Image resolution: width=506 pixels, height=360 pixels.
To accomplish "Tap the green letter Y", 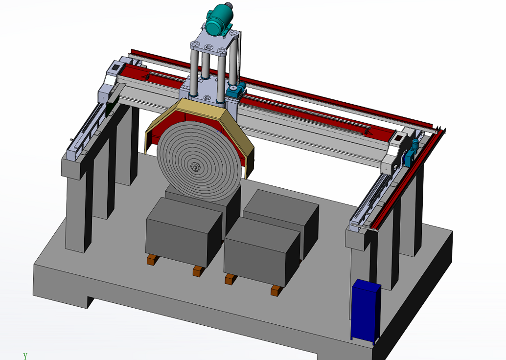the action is [x=25, y=356].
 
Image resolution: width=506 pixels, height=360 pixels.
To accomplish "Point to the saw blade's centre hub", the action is [x=194, y=166].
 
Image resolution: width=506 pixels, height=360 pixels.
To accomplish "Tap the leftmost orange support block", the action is [x=152, y=260].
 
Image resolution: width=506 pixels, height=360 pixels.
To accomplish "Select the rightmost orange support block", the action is [x=276, y=291].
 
